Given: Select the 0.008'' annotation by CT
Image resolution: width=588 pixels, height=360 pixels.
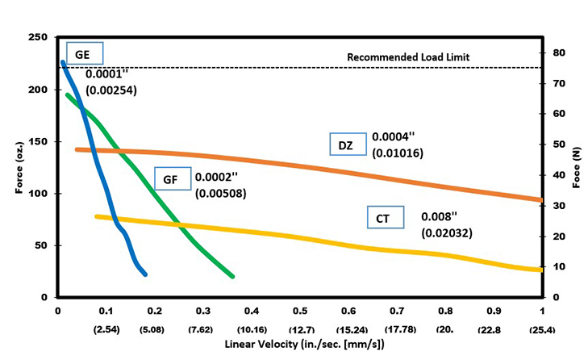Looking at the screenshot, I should pos(439,217).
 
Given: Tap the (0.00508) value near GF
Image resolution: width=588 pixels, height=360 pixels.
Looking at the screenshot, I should pos(220,194).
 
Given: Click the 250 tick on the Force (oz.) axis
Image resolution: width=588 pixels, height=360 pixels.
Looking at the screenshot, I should pos(38,38).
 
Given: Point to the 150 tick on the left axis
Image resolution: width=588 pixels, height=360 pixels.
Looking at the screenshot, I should pos(38,142).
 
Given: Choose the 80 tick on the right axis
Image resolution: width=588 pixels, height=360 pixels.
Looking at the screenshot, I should pos(558,52).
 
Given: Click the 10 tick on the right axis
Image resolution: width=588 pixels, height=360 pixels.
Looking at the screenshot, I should pos(558,266).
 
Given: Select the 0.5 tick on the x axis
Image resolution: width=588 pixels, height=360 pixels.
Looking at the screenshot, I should pos(299,311).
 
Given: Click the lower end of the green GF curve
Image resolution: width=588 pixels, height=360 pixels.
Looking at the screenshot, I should pos(232,276).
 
